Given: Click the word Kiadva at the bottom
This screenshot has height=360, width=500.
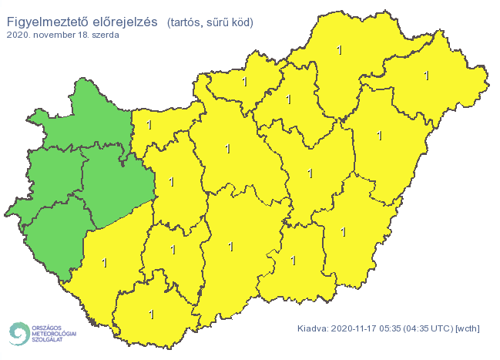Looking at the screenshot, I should click(314, 328).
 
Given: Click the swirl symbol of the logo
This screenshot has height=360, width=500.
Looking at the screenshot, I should click(17, 332).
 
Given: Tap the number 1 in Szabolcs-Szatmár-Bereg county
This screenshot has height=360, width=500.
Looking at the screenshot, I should click(426, 76).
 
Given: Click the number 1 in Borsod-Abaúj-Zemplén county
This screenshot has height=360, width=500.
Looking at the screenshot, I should click(340, 51).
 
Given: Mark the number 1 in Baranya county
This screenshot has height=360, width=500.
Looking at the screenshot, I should click(151, 315).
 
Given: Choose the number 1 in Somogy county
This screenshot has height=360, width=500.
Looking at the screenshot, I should click(105, 264).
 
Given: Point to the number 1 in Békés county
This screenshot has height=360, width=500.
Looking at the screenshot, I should click(344, 231).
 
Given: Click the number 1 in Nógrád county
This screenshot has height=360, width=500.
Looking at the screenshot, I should click(244, 82).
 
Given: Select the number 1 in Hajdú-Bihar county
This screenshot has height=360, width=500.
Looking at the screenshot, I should click(379, 136).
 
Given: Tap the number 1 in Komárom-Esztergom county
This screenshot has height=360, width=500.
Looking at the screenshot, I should click(149, 125).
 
